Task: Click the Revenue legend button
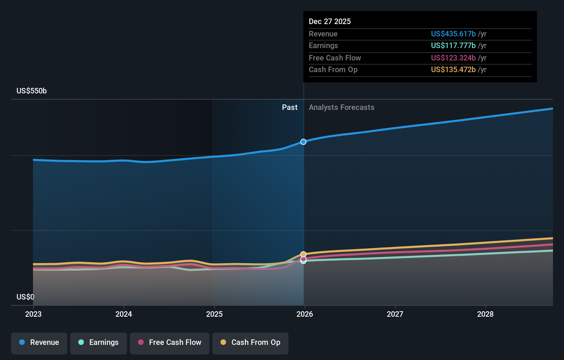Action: pyautogui.click(x=39, y=342)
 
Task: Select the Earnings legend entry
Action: pyautogui.click(x=99, y=342)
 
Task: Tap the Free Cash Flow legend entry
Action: pyautogui.click(x=170, y=342)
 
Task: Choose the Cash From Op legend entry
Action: pyautogui.click(x=250, y=342)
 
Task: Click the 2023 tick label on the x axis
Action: pyautogui.click(x=33, y=314)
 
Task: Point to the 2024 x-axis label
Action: pyautogui.click(x=124, y=314)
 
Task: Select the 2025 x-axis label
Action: pyautogui.click(x=214, y=314)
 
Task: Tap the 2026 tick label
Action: pyautogui.click(x=305, y=314)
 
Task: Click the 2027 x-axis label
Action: pyautogui.click(x=395, y=314)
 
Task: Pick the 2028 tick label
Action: pyautogui.click(x=485, y=314)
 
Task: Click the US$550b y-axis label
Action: pyautogui.click(x=32, y=91)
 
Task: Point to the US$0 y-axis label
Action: pyautogui.click(x=25, y=297)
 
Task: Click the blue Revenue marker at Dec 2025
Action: pyautogui.click(x=303, y=142)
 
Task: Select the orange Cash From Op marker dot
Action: pyautogui.click(x=303, y=254)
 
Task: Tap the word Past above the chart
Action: pyautogui.click(x=290, y=108)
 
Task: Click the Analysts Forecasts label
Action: pyautogui.click(x=341, y=108)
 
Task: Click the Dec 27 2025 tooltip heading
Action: pyautogui.click(x=330, y=22)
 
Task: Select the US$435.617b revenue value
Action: pyautogui.click(x=453, y=34)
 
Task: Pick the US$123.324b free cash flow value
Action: pyautogui.click(x=453, y=58)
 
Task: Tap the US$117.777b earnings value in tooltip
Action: pyautogui.click(x=453, y=46)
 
